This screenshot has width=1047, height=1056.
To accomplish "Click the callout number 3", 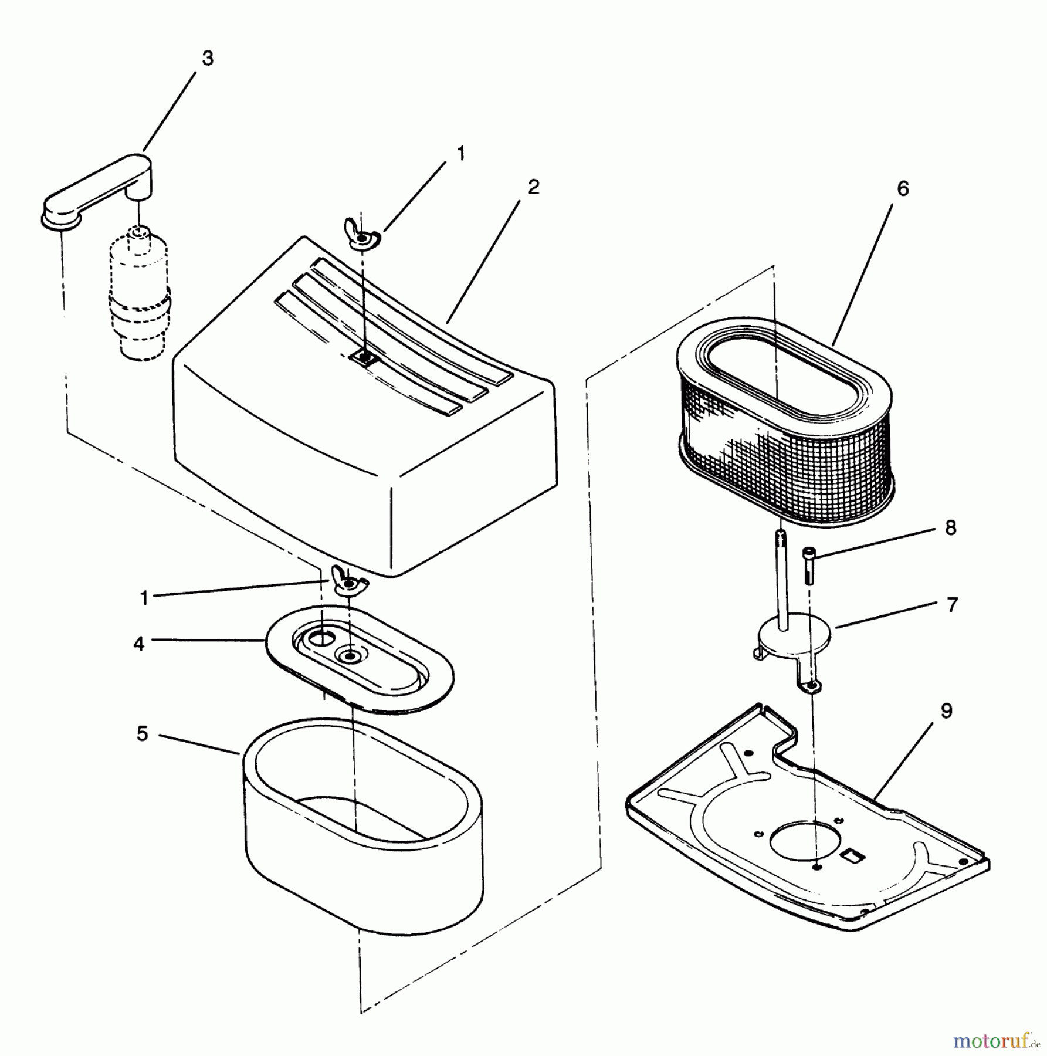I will pyautogui.click(x=207, y=59).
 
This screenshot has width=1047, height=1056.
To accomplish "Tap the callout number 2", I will pyautogui.click(x=533, y=187).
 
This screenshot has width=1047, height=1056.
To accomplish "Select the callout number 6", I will pyautogui.click(x=903, y=189).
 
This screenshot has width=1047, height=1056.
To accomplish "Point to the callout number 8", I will pyautogui.click(x=951, y=527).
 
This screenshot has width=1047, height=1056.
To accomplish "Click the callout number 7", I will pyautogui.click(x=952, y=605).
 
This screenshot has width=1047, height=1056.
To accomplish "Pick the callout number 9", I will pyautogui.click(x=947, y=711).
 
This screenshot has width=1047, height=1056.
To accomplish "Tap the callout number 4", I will pyautogui.click(x=138, y=644).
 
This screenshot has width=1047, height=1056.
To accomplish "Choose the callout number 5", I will pyautogui.click(x=143, y=734).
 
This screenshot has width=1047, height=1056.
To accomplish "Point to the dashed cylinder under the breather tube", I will pyautogui.click(x=138, y=293).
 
